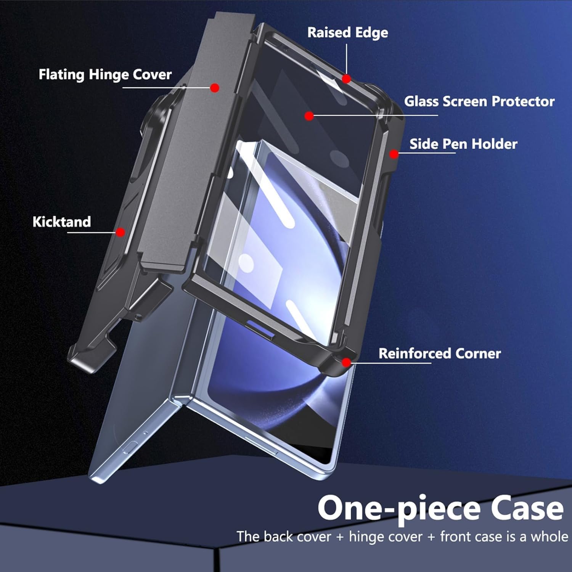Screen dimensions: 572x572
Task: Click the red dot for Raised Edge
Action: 346,79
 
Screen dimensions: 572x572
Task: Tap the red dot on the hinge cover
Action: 215,88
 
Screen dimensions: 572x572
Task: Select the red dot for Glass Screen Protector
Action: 309,116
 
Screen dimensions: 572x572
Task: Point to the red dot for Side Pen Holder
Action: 394,154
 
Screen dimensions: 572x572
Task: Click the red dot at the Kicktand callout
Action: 121,232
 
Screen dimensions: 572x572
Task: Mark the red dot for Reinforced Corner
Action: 346,362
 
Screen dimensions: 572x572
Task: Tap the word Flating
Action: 62,75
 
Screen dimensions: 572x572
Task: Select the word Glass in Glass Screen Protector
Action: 421,101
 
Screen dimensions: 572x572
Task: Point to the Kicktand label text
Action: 62,222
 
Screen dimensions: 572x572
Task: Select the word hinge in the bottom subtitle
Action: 366,537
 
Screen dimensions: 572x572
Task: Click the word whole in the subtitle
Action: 549,537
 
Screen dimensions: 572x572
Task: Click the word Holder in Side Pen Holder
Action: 494,144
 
